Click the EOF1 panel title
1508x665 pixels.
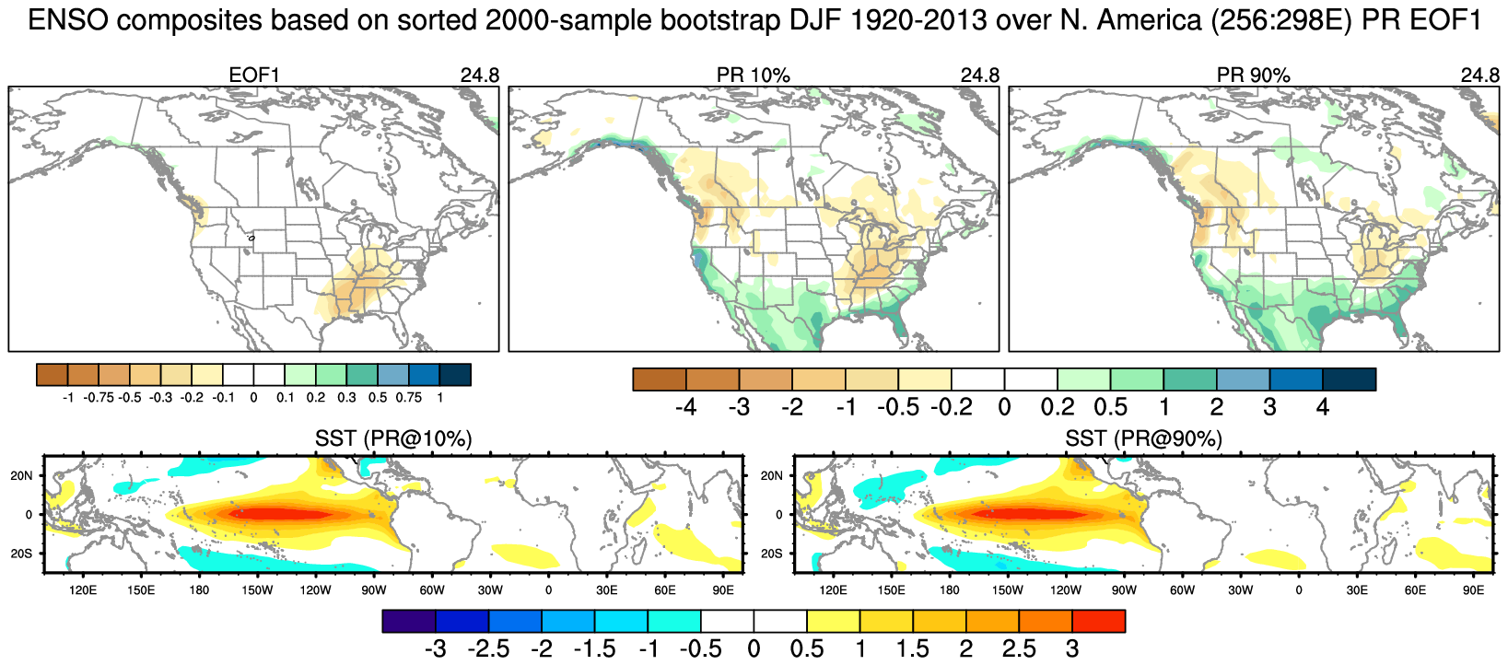click(253, 76)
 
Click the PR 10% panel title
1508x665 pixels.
click(753, 76)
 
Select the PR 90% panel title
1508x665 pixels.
click(1253, 76)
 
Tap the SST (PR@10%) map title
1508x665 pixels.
click(393, 439)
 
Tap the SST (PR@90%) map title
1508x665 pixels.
click(1143, 439)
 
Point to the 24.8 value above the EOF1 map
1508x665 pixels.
click(479, 76)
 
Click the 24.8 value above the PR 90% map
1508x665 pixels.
click(1479, 76)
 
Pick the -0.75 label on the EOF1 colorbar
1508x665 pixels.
click(99, 398)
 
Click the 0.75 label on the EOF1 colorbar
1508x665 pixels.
click(408, 398)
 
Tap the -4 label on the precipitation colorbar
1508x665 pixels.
click(685, 407)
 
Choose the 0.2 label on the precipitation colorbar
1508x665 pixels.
click(1058, 407)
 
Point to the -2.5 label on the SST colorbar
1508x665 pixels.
click(488, 649)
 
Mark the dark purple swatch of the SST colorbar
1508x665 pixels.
click(409, 622)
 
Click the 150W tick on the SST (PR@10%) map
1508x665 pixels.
click(257, 590)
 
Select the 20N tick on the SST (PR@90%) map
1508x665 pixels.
click(771, 475)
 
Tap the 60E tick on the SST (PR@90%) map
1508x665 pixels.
click(1415, 590)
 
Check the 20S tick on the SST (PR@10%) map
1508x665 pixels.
click(21, 554)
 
